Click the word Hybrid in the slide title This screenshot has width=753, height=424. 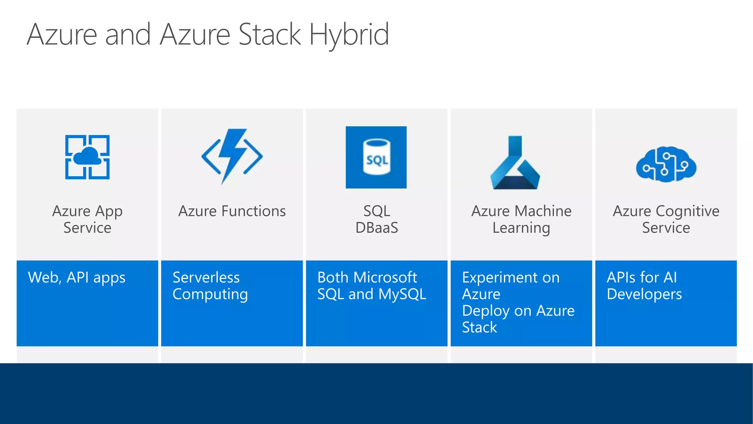(349, 34)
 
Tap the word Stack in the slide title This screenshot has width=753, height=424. (270, 34)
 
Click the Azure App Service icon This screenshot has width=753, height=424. (88, 157)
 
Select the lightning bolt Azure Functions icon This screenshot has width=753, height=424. (232, 156)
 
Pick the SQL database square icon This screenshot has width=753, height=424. (376, 158)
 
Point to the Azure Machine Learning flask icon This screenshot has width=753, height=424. (515, 163)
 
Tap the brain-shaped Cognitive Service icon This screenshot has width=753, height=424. (666, 165)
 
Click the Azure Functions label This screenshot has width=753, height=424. (232, 211)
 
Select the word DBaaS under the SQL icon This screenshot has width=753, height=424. (376, 228)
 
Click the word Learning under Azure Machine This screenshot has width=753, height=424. (521, 228)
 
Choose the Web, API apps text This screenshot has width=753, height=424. (76, 278)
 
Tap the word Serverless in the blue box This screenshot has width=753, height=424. (206, 278)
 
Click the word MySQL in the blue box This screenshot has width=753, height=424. (402, 294)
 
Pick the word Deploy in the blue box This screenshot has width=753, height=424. (486, 311)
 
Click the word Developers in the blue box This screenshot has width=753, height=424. (644, 294)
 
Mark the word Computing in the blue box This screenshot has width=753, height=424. (210, 294)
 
